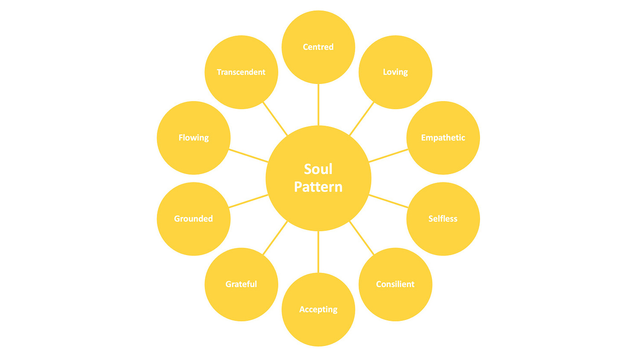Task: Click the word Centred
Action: point(318,47)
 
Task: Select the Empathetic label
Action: point(443,138)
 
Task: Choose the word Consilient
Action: point(395,284)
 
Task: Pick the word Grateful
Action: point(241,284)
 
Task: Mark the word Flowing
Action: point(193,138)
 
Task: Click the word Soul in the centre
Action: point(318,169)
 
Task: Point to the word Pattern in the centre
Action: point(318,187)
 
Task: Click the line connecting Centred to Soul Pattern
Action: point(318,105)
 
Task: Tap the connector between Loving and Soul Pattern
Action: point(362,119)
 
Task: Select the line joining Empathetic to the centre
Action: point(389,156)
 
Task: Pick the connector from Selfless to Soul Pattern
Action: point(389,201)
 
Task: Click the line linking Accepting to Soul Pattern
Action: point(318,252)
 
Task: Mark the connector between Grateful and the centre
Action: point(275,238)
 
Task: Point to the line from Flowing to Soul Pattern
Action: point(248,156)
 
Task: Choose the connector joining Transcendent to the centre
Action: point(275,119)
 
